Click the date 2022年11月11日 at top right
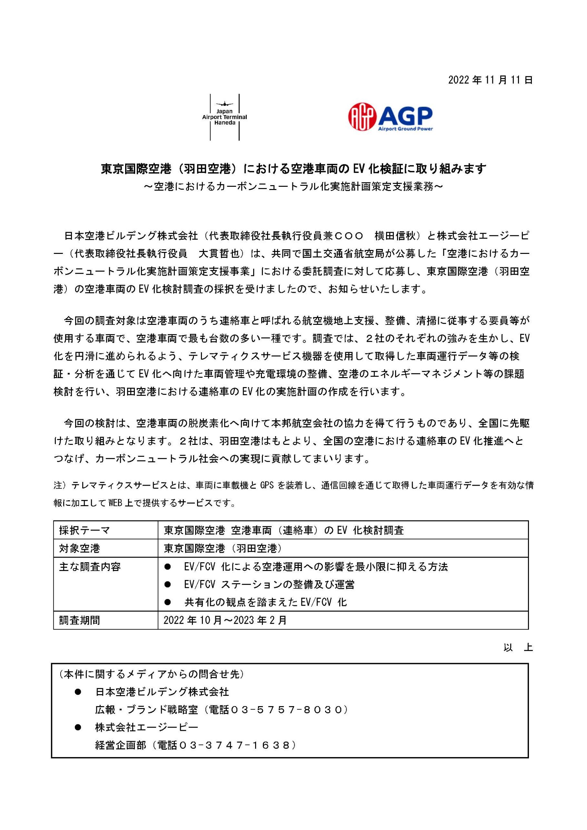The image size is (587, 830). coord(490,80)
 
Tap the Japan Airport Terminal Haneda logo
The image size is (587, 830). coord(225,117)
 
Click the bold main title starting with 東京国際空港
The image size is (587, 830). coord(293,169)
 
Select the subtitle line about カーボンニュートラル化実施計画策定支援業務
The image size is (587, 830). coord(293,186)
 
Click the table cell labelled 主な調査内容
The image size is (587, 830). coord(90,566)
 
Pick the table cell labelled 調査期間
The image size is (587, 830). coord(79,620)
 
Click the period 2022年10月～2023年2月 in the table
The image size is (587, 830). coord(225,620)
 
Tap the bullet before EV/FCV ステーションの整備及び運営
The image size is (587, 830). coord(167,584)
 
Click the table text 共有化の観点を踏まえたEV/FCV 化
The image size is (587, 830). coord(265,602)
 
